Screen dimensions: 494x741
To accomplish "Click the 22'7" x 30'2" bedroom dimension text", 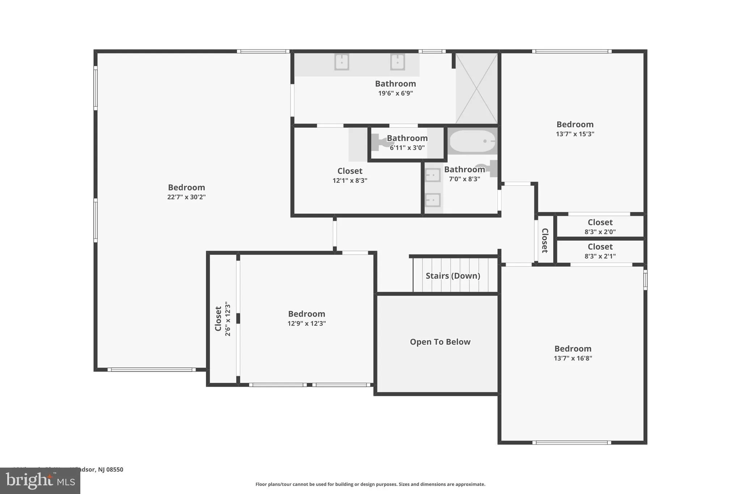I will click(186, 197).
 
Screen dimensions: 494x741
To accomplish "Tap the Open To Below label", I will click(440, 342).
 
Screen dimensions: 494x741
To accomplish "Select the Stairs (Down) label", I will click(453, 276).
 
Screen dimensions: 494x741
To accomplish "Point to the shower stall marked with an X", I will click(477, 88).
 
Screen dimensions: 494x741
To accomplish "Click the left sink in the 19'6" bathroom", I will click(342, 62).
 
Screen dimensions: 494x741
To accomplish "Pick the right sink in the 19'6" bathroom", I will click(397, 62).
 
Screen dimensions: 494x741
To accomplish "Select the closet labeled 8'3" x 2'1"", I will click(600, 251).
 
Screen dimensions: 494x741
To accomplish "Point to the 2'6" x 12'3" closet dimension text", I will click(228, 319).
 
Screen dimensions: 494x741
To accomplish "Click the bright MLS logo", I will click(40, 481).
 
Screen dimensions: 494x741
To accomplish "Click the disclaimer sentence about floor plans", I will click(370, 484).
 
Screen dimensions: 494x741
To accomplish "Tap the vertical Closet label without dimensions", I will click(545, 240).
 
